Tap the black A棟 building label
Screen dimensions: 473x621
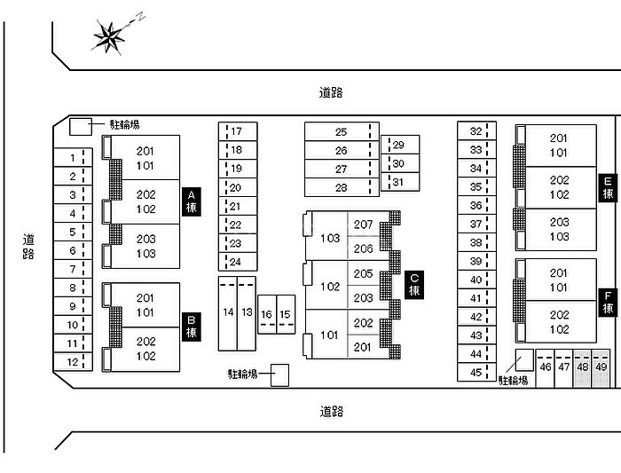(192, 201)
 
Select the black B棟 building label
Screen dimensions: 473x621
(192, 327)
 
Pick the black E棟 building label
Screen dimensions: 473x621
(608, 187)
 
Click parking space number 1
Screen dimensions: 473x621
(72, 157)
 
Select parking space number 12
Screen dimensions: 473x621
(72, 361)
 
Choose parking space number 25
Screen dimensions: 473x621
(341, 131)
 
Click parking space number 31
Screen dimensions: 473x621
(398, 182)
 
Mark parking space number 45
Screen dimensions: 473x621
(476, 372)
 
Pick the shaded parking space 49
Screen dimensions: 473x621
(601, 367)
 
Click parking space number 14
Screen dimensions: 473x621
(228, 312)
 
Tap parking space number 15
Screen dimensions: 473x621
(284, 314)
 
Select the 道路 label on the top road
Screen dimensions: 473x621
(331, 92)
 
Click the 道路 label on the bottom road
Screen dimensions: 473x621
(331, 411)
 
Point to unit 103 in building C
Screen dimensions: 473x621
(330, 238)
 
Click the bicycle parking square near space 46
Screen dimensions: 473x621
(524, 359)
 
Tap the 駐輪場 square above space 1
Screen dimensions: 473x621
(81, 126)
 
